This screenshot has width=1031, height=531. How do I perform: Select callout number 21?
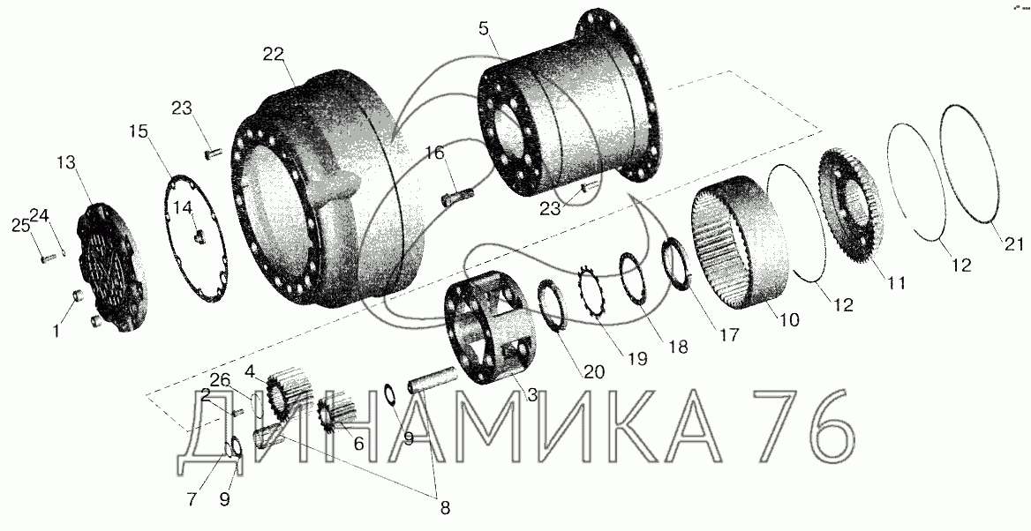1014,243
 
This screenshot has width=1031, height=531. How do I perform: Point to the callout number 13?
65,162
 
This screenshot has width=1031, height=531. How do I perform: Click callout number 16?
434,153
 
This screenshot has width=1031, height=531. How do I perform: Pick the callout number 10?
789,320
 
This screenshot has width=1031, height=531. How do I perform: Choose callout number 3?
531,395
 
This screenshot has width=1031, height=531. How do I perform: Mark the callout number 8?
445,507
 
